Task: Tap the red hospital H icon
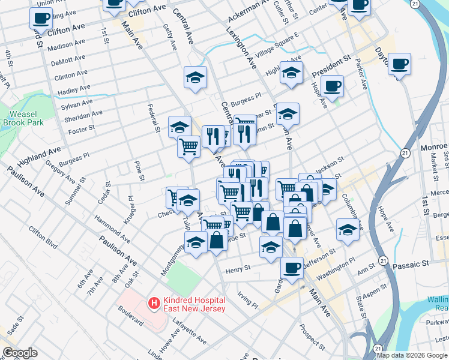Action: (x=155, y=304)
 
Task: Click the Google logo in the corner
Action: (x=20, y=353)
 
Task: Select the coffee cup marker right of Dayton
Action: (x=399, y=64)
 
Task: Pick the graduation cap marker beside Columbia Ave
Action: (x=348, y=230)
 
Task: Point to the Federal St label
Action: (x=153, y=118)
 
